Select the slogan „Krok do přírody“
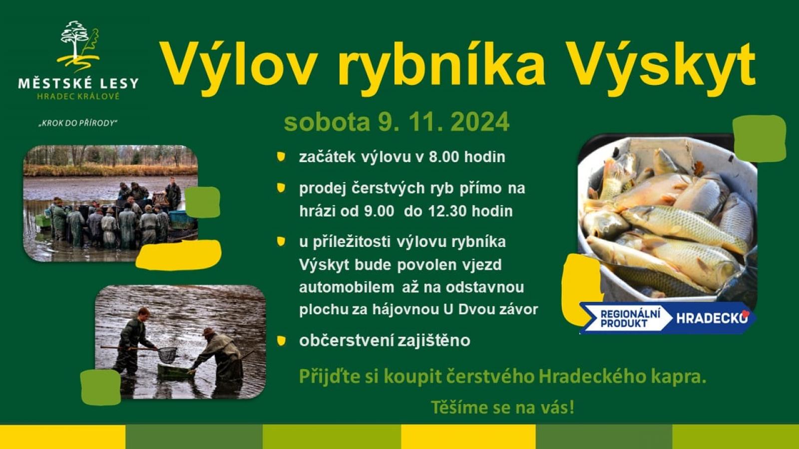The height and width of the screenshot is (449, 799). [x=78, y=123]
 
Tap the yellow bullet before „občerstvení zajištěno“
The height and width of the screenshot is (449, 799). [x=281, y=341]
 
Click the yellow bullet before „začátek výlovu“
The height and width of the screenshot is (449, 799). [x=281, y=157]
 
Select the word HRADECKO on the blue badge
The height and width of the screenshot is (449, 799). [x=712, y=318]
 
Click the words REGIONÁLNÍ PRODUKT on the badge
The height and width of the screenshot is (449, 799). [x=630, y=318]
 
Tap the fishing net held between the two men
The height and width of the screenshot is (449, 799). [x=167, y=355]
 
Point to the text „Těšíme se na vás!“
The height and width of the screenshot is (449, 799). [x=503, y=407]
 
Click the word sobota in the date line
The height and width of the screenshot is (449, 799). [x=327, y=122]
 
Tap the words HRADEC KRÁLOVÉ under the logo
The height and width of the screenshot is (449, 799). [x=78, y=97]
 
